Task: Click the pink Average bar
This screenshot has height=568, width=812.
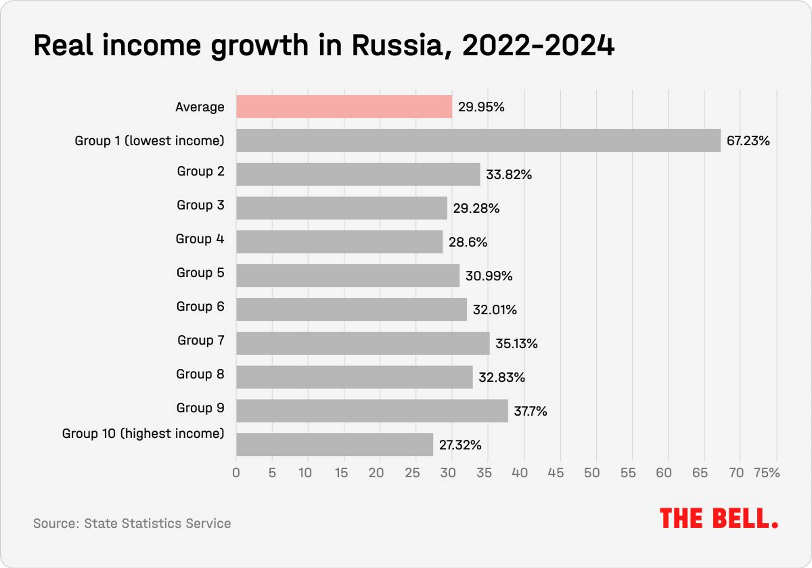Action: [x=344, y=107]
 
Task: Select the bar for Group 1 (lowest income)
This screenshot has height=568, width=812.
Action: [x=478, y=141]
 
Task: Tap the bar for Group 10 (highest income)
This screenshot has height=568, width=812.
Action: [x=334, y=445]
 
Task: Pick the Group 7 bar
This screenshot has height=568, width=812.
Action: [x=363, y=344]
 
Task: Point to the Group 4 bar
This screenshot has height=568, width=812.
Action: [x=339, y=242]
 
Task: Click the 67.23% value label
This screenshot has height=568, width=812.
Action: [x=748, y=141]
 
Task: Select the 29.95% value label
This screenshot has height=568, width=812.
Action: [x=481, y=107]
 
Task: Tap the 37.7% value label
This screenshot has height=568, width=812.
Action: [x=530, y=411]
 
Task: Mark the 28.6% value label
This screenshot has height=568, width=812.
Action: [x=468, y=242]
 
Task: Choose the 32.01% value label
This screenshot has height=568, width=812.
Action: [x=494, y=310]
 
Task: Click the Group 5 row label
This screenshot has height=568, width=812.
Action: [x=200, y=273]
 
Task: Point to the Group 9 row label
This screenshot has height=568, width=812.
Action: [x=200, y=408]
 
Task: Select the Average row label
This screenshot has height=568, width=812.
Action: [x=199, y=107]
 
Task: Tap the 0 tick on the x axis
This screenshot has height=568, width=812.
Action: [x=236, y=473]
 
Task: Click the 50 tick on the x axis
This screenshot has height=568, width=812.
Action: [x=592, y=473]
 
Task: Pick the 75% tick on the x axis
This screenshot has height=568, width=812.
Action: [x=767, y=473]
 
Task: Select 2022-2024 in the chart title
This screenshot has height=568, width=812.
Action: [x=538, y=46]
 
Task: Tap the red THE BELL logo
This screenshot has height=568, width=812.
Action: [x=718, y=518]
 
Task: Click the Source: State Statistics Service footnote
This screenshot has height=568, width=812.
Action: [x=132, y=523]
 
